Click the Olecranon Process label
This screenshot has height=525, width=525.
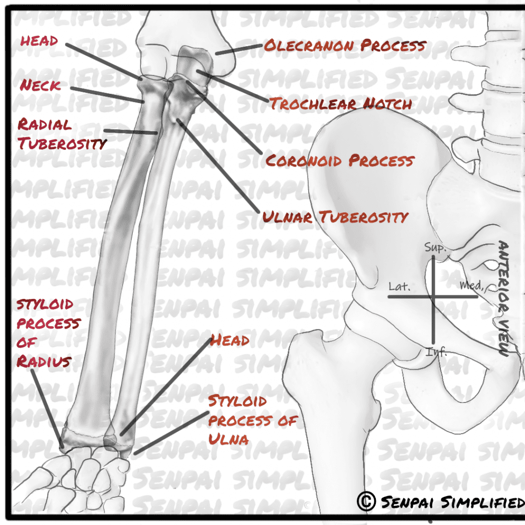345,46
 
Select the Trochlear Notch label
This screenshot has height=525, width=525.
341,104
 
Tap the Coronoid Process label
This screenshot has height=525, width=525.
339,160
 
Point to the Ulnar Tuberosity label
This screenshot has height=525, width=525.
335,217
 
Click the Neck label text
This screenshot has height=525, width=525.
41,85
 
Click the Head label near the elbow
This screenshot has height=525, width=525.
38,41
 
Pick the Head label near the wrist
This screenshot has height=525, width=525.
230,340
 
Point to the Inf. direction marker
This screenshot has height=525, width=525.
436,352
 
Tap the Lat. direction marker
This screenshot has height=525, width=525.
399,286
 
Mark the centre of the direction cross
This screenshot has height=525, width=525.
434,296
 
